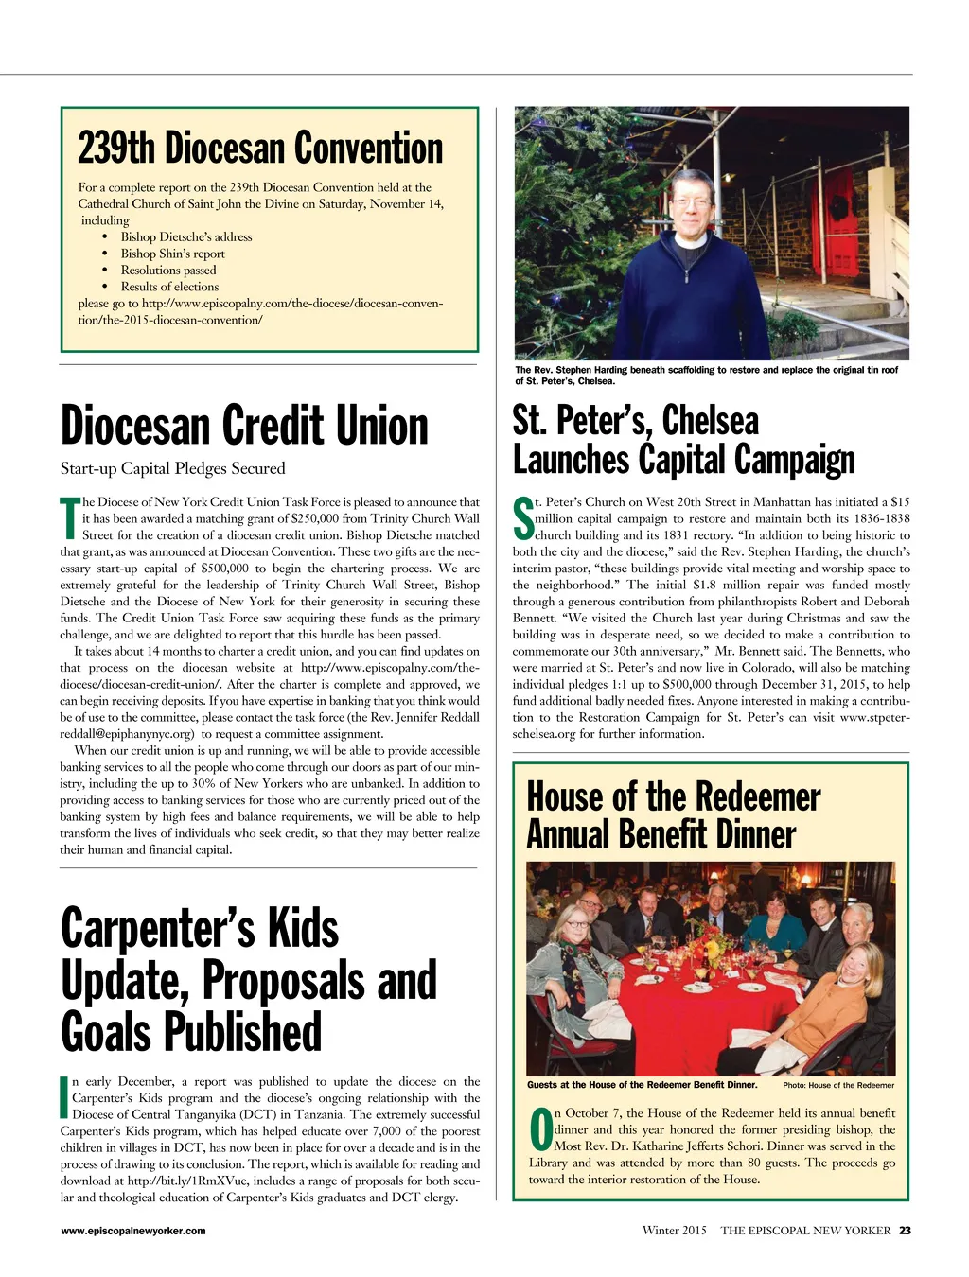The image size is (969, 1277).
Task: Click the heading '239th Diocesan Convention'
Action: point(260,149)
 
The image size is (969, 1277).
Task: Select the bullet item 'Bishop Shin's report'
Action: point(172,254)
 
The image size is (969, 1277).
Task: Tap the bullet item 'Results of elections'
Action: point(169,287)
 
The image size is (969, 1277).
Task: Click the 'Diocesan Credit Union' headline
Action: point(244,426)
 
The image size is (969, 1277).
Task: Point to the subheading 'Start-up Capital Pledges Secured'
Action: point(172,468)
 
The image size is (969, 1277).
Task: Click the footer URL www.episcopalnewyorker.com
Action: point(132,1231)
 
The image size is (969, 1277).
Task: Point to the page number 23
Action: point(905,1231)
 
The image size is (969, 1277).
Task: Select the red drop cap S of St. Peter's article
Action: point(522,518)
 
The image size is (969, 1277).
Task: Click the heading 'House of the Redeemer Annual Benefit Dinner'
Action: point(673,815)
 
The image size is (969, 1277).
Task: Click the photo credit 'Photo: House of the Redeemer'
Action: point(838,1085)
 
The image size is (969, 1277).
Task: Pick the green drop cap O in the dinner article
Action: point(540,1130)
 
